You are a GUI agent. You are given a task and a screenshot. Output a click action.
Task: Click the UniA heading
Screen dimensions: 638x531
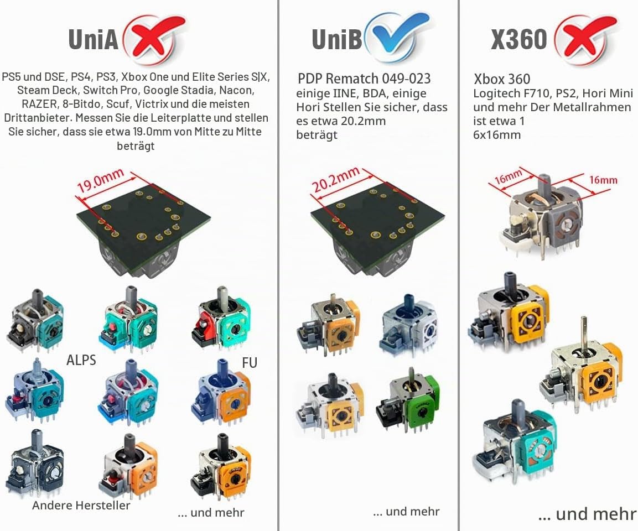click(x=93, y=39)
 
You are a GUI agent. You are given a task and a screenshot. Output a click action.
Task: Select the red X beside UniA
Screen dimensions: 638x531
click(x=154, y=39)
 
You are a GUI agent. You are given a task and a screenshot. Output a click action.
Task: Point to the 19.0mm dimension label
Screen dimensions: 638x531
click(x=101, y=181)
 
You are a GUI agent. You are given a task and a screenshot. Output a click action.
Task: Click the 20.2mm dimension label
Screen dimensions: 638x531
click(x=336, y=179)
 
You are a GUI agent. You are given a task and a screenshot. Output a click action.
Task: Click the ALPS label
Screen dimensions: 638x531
click(x=81, y=360)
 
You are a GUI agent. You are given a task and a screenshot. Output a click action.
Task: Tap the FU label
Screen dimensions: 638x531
click(x=250, y=362)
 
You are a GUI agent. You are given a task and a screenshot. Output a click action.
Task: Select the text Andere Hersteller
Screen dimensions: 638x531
click(x=81, y=506)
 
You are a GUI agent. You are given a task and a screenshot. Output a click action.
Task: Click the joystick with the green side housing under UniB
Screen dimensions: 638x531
click(x=409, y=400)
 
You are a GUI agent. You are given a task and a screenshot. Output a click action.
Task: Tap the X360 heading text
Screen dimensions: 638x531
click(x=519, y=39)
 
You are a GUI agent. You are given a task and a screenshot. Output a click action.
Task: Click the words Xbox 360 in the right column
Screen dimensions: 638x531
click(x=502, y=79)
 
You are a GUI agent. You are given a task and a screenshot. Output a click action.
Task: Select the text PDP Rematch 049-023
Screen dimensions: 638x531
click(x=364, y=79)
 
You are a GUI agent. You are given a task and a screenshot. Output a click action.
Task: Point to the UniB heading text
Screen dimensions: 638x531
click(x=336, y=39)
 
